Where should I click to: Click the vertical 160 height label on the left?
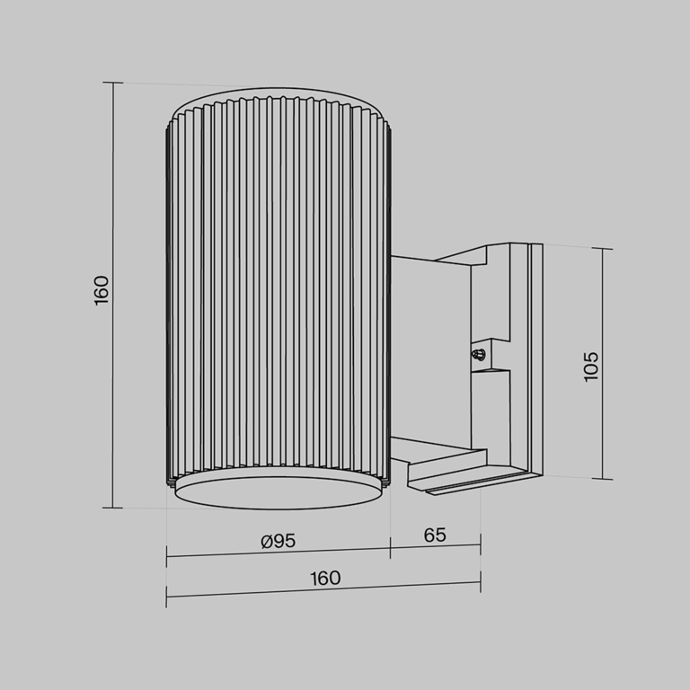click(x=102, y=290)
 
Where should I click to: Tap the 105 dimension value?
click(x=590, y=366)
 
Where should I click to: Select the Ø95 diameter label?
click(x=278, y=540)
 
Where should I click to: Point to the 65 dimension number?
click(x=435, y=535)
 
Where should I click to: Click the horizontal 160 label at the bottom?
click(x=325, y=578)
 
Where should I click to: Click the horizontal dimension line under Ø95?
click(x=279, y=553)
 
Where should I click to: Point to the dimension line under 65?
click(x=436, y=547)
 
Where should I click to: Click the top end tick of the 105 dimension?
click(x=603, y=249)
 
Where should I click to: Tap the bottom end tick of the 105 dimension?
click(x=603, y=479)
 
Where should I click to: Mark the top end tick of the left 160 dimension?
click(x=113, y=83)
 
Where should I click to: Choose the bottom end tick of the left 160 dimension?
click(x=113, y=508)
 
